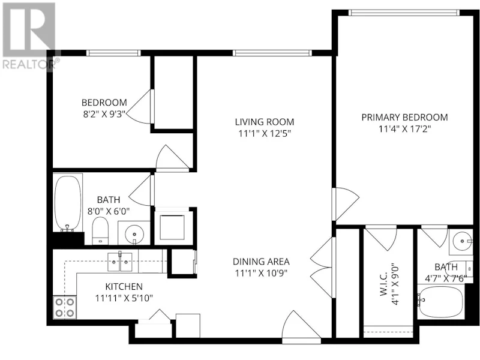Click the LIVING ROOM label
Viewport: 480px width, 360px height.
pos(265,122)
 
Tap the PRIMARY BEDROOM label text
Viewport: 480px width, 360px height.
pos(404,117)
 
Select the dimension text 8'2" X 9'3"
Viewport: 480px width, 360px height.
pos(104,115)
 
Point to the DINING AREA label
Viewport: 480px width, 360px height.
pos(261,262)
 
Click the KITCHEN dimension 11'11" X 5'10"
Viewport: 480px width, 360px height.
pos(124,298)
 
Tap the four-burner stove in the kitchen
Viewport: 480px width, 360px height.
pos(65,307)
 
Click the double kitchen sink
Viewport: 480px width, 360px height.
pos(120,262)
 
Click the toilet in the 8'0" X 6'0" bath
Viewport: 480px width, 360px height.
pos(100,230)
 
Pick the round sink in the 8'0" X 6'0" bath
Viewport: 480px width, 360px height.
pos(134,234)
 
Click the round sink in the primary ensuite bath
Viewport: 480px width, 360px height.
pos(462,241)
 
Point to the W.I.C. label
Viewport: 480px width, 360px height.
pos(385,284)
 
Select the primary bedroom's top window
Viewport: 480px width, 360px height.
pos(404,13)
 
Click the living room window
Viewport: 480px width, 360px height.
pos(272,53)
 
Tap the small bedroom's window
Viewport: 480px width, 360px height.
pos(113,53)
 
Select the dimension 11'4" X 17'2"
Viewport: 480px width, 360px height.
pos(404,129)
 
